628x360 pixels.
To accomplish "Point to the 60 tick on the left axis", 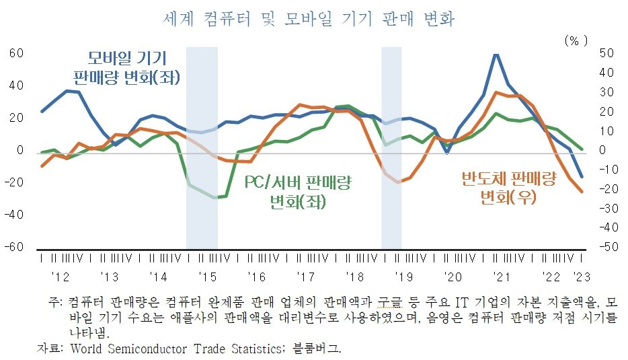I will pos(16,53).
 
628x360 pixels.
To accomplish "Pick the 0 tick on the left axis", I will pos(20,150).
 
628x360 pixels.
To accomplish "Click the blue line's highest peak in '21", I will pos(496,55).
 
